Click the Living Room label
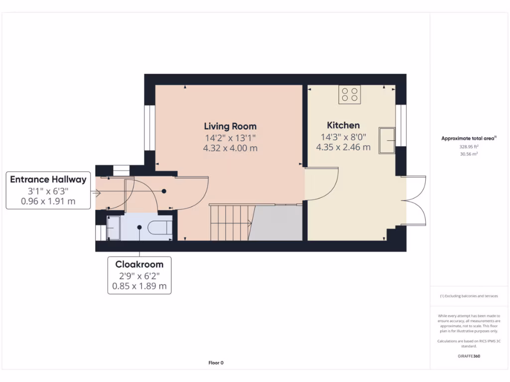click(230, 126)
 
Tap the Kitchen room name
click(343, 125)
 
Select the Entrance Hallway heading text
click(48, 180)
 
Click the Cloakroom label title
click(139, 265)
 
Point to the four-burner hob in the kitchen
click(350, 95)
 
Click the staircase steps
click(229, 223)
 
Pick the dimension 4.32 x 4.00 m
click(230, 148)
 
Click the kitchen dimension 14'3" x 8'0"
click(343, 137)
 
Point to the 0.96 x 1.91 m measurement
click(48, 201)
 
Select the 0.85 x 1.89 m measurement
click(139, 286)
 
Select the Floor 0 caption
click(216, 363)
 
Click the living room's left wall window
click(147, 128)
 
